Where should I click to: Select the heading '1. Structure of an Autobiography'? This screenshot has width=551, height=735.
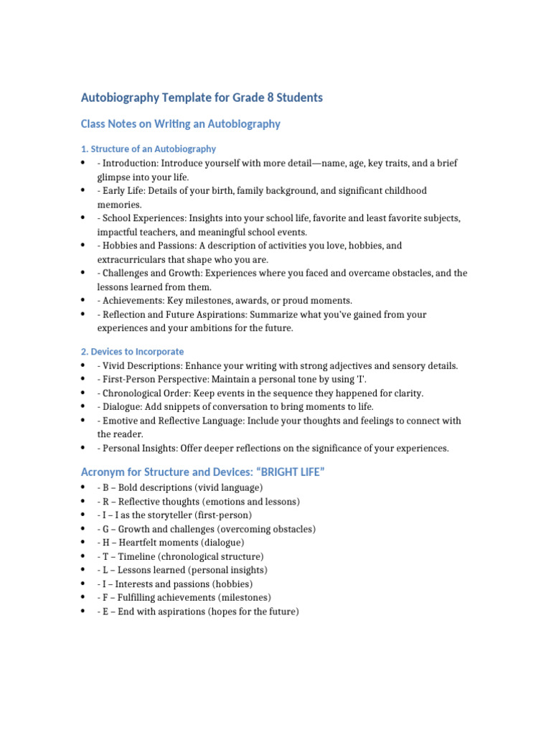(x=148, y=149)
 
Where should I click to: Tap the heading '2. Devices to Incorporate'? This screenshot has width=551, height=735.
(x=132, y=352)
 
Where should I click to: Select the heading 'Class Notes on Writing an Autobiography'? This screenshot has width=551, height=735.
(x=180, y=124)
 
